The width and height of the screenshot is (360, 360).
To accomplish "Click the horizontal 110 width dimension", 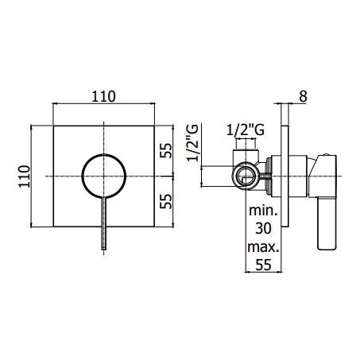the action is tap(103, 97).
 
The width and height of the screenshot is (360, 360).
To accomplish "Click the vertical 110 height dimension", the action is tap(24, 176).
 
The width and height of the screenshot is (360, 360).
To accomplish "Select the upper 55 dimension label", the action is tap(166, 150).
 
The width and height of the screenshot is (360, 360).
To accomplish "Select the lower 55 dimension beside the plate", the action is tap(166, 201).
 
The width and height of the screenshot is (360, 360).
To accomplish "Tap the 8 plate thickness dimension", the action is tap(303, 96).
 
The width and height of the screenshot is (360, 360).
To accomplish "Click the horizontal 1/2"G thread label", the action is tap(246, 130).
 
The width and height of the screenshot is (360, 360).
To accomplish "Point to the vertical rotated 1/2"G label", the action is tap(192, 143).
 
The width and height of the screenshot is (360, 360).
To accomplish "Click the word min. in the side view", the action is tap(263, 211).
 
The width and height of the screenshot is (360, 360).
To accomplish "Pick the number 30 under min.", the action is tap(263, 228).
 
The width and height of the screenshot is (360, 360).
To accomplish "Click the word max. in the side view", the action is tap(263, 247).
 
